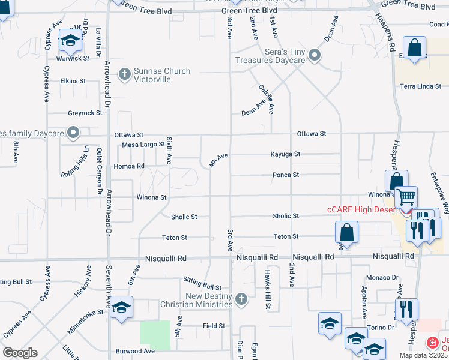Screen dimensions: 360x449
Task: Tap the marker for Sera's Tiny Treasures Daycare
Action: (x=314, y=56)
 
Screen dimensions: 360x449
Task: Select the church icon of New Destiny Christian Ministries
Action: (x=241, y=298)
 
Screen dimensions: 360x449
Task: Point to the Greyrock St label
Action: (x=85, y=113)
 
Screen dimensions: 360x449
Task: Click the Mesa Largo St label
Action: (x=143, y=145)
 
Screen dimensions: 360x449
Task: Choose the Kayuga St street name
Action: (x=285, y=154)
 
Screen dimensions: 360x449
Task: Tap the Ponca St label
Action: (x=286, y=175)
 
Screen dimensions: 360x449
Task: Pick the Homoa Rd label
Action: (x=129, y=166)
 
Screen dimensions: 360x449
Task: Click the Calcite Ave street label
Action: (x=266, y=98)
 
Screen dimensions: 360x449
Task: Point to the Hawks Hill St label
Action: (x=268, y=289)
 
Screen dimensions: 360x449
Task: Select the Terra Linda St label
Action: (x=421, y=86)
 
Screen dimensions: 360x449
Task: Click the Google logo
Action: (x=20, y=353)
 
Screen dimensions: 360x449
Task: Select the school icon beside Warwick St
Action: (x=70, y=40)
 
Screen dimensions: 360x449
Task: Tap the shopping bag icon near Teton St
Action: (x=347, y=232)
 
